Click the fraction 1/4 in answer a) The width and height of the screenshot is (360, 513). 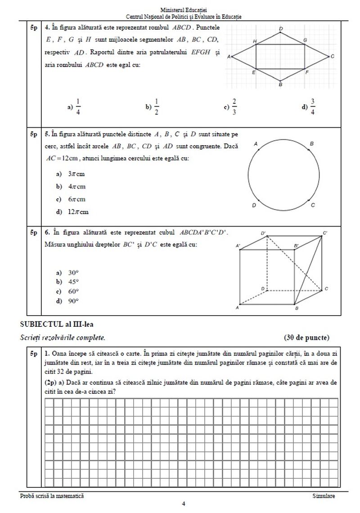78,107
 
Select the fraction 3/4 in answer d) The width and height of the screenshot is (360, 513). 313,107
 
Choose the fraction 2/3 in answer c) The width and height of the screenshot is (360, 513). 234,107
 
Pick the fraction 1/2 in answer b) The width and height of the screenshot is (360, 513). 156,107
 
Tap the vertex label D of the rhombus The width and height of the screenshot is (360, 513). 281,29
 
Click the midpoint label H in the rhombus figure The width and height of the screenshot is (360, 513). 255,41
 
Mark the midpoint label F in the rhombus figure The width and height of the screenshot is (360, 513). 307,72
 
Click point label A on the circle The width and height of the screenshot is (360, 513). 256,144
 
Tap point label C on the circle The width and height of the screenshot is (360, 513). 312,205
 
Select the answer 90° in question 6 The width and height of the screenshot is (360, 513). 73,301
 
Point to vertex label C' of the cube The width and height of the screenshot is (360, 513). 325,232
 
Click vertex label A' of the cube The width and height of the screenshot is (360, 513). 238,246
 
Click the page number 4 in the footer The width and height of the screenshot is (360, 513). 183,504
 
